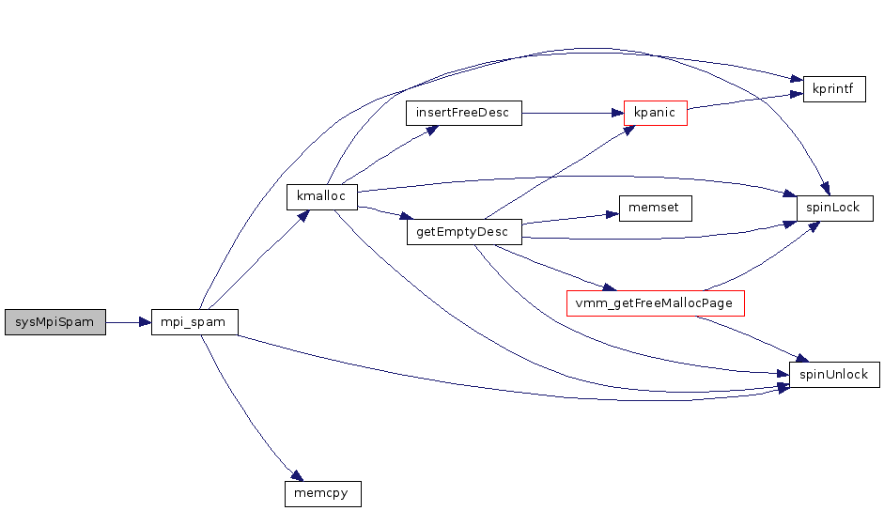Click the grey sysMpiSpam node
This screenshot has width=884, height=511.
55,321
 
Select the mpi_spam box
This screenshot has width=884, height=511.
194,321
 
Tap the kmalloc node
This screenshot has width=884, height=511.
321,196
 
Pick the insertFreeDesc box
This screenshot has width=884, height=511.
463,113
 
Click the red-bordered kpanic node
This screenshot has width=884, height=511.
656,113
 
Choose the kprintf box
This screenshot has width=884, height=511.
832,90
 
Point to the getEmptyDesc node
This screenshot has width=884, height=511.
463,232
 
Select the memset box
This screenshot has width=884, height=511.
655,208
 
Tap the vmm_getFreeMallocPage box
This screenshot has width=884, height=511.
656,303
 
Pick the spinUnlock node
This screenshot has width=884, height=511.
834,375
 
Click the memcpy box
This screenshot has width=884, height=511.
322,492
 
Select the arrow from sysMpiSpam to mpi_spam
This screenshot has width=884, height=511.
129,321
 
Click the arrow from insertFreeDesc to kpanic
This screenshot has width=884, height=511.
573,113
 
